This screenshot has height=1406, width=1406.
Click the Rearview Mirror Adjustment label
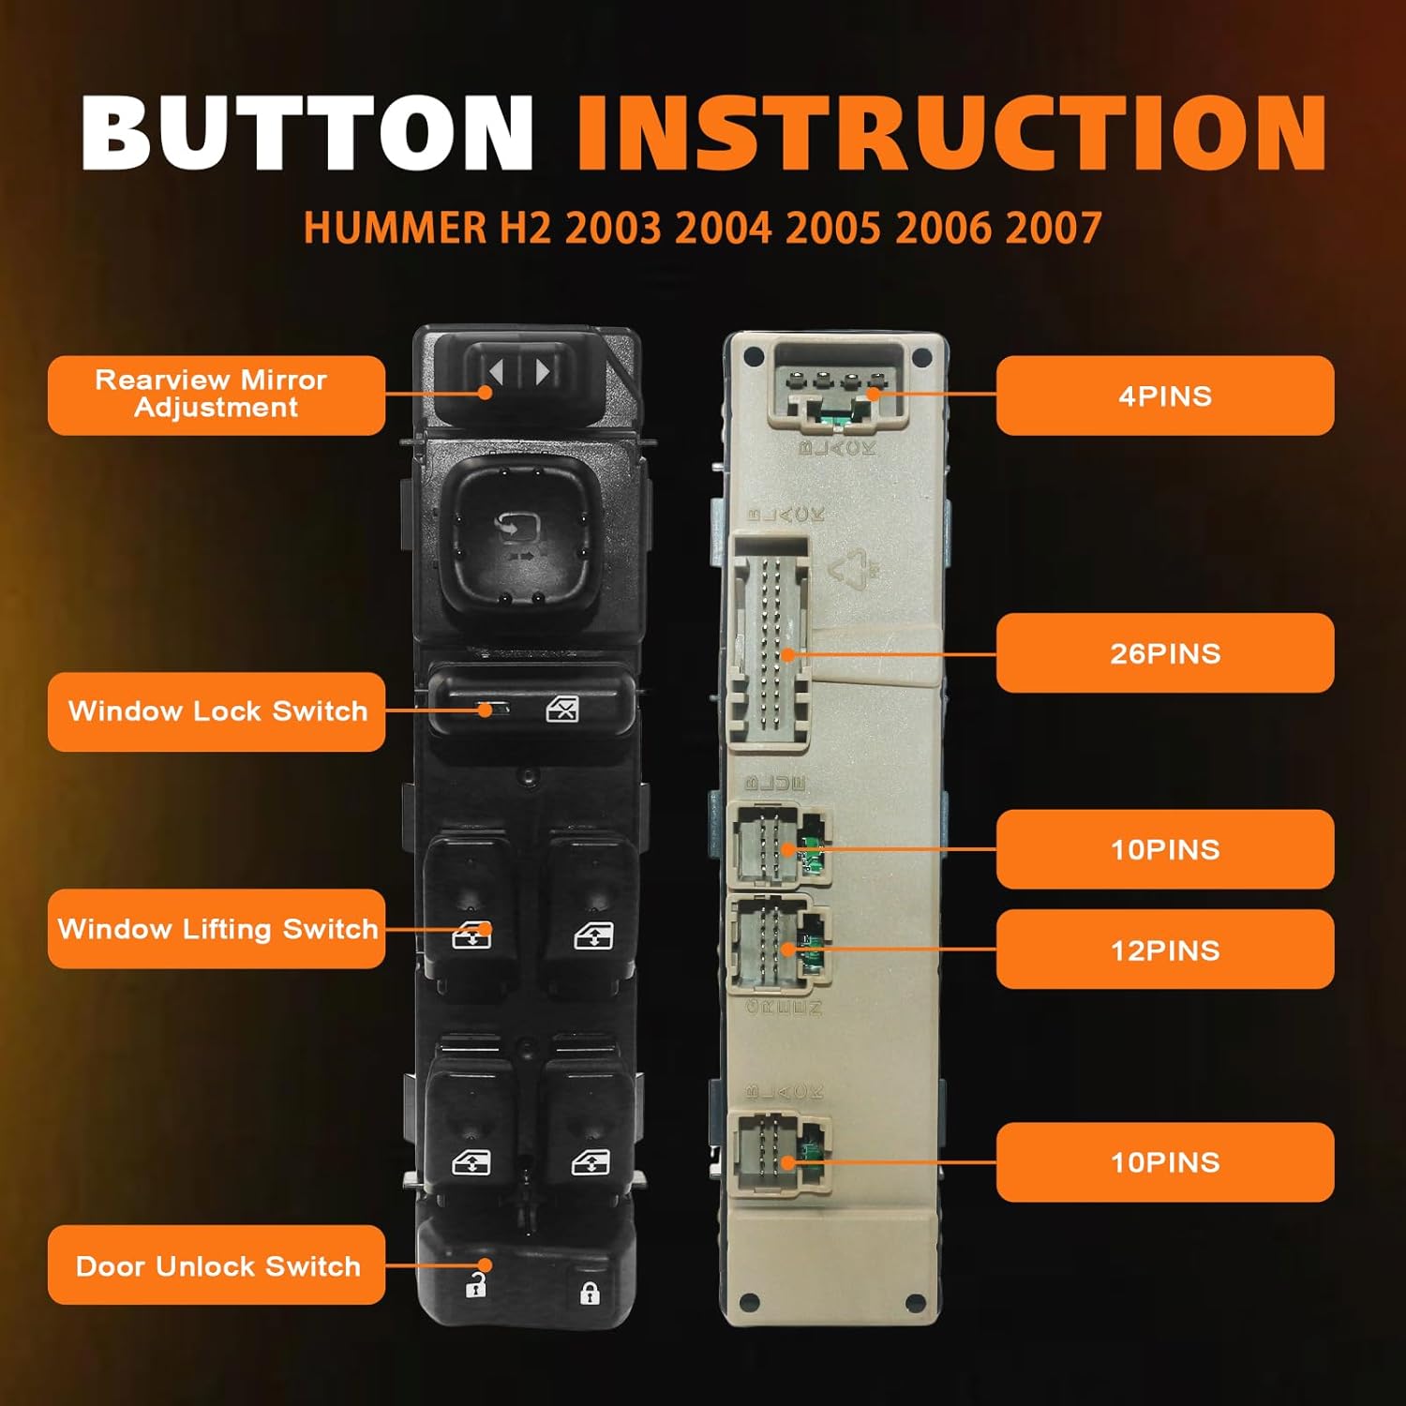click(x=216, y=395)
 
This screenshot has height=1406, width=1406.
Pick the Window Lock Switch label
click(x=216, y=711)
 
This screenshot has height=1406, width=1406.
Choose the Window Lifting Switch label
click(x=216, y=929)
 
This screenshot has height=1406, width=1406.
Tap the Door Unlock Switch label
click(x=216, y=1265)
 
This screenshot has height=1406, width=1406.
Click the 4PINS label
click(x=1164, y=396)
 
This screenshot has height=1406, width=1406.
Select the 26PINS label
click(x=1164, y=653)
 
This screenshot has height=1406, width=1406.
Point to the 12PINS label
click(x=1164, y=950)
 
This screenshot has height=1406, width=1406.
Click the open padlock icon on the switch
click(x=476, y=1286)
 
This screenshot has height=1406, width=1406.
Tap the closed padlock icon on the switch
click(x=589, y=1294)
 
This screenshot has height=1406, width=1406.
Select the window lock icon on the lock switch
click(x=562, y=710)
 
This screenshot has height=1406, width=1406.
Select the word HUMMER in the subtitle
click(x=395, y=228)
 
